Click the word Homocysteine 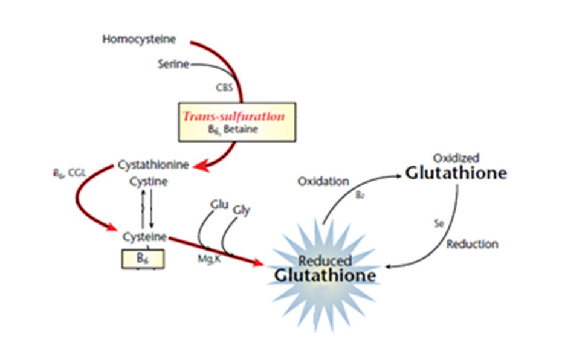click(x=139, y=40)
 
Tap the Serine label click(x=173, y=64)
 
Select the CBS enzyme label click(x=224, y=87)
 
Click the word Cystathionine click(x=153, y=164)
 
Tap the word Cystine click(x=149, y=181)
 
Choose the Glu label click(x=218, y=204)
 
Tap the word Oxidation click(x=323, y=181)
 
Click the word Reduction click(x=473, y=244)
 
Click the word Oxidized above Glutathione click(x=456, y=158)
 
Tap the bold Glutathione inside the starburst click(x=325, y=275)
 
